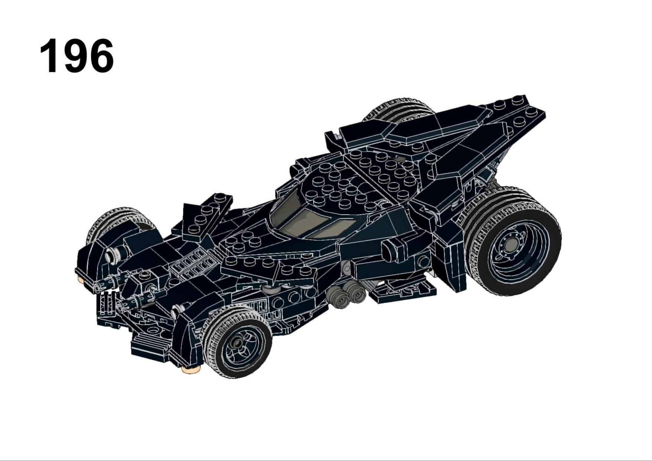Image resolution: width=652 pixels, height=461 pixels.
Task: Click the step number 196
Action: tap(77, 56)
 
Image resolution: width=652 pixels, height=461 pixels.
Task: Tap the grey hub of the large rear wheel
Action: tap(512, 245)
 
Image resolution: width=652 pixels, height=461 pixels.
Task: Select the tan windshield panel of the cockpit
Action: tap(308, 220)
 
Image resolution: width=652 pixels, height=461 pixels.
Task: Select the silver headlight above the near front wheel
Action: tap(177, 311)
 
